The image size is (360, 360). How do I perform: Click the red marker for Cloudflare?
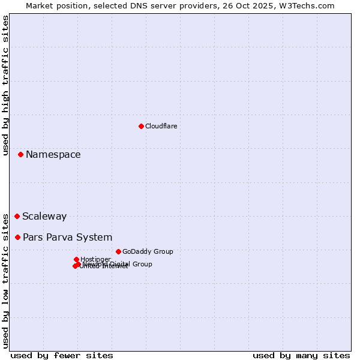[x=141, y=126]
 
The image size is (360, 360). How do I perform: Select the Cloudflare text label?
[x=161, y=126]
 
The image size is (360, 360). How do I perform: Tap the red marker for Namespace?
[x=20, y=154]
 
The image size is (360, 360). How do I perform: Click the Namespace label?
[x=53, y=155]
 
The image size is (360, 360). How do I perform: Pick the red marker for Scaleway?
[x=17, y=216]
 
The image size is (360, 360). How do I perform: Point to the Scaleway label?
[x=44, y=217]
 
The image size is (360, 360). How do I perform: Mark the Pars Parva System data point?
[x=17, y=237]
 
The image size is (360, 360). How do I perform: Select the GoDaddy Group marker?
[x=118, y=251]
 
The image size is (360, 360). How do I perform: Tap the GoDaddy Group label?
[x=148, y=252]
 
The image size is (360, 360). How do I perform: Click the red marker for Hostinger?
[x=76, y=259]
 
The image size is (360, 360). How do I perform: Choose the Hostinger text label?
[x=95, y=260]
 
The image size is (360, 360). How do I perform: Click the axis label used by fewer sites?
[x=62, y=355]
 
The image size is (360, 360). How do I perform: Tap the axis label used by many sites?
[x=301, y=355]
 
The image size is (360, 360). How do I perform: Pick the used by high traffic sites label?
[x=5, y=85]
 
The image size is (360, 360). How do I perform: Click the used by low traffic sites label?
[x=5, y=281]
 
